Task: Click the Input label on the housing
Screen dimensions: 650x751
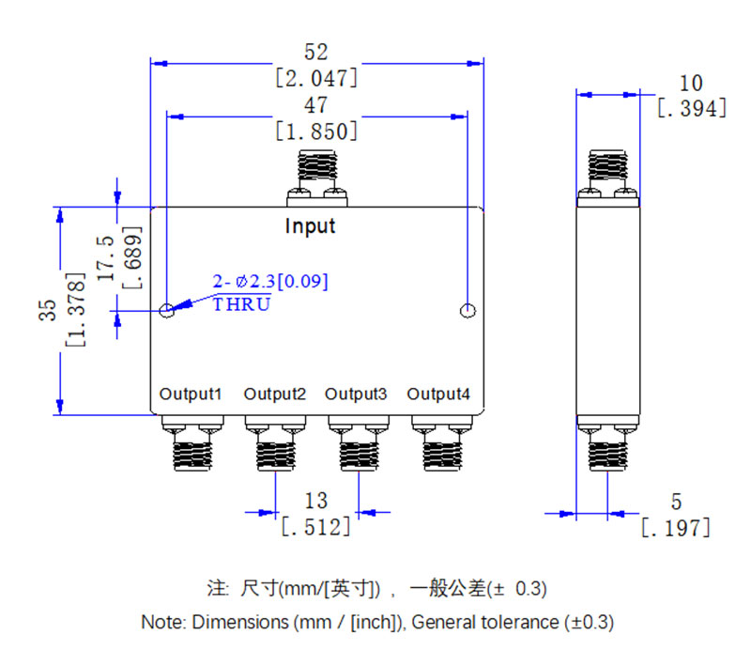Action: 310,226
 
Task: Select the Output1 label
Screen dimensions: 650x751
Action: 191,394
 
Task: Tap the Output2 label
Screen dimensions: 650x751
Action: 275,394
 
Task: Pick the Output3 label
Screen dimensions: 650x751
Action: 357,394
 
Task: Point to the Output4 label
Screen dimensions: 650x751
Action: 439,394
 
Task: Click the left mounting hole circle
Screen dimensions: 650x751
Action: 167,311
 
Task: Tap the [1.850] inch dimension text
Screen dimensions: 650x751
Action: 316,131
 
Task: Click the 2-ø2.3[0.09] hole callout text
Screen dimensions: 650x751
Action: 270,282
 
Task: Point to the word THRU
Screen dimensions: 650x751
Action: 242,304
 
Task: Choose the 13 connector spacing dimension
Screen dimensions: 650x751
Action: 316,501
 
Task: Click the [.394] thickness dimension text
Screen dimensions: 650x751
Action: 693,109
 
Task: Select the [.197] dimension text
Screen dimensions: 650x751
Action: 675,528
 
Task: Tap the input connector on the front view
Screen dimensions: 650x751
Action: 317,177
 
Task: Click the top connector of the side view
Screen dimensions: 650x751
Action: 608,177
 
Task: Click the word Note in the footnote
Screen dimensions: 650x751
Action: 161,622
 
